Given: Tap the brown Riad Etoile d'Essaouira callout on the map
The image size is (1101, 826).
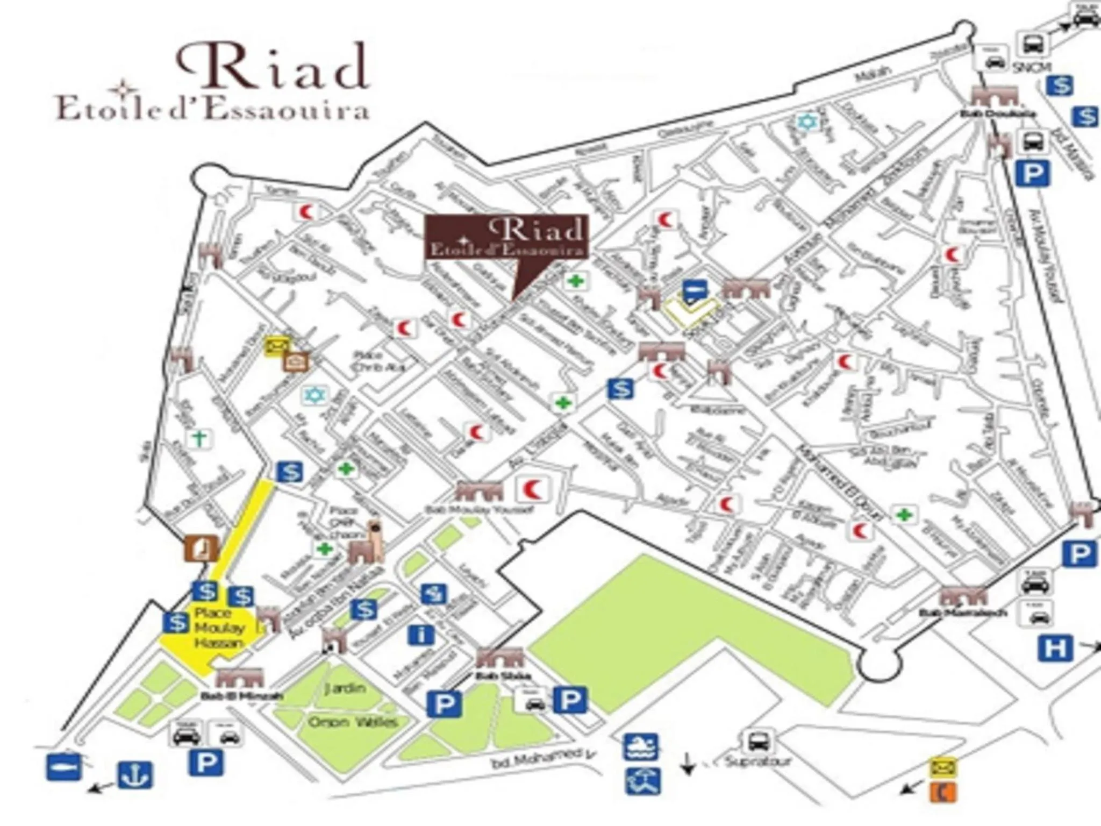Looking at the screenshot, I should (506, 238).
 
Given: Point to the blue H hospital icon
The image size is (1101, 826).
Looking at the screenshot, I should (1055, 648).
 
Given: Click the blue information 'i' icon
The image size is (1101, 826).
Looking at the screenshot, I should (421, 635).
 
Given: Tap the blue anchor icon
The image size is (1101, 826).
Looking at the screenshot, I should (135, 775).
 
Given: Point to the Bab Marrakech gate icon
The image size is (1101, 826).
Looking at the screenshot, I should (963, 596).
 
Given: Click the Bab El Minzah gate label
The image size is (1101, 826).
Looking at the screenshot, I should (242, 696).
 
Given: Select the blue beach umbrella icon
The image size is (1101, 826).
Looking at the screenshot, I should (642, 781).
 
